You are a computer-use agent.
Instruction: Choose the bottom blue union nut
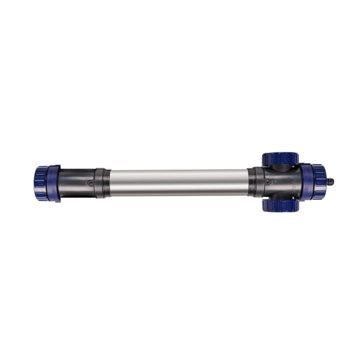[x=280, y=205]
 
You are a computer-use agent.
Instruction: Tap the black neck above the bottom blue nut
[x=280, y=196]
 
